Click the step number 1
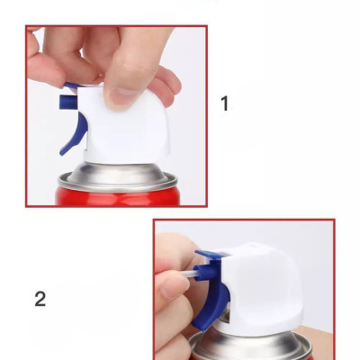pyautogui.click(x=225, y=103)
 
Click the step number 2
pyautogui.click(x=40, y=299)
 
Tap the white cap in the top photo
pyautogui.click(x=126, y=126)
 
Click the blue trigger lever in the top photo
pyautogui.click(x=74, y=135)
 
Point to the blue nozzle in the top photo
pyautogui.click(x=67, y=102)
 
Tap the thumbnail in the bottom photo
pyautogui.click(x=171, y=287)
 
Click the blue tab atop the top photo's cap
pyautogui.click(x=71, y=85)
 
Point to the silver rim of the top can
pyautogui.click(x=118, y=184)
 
